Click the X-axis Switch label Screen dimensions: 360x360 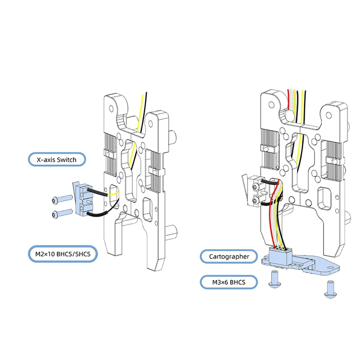tap(56, 159)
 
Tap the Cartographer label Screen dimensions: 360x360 tap(229, 257)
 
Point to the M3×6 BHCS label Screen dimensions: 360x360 tap(229, 283)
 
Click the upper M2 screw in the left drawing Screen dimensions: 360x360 tap(62, 198)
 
